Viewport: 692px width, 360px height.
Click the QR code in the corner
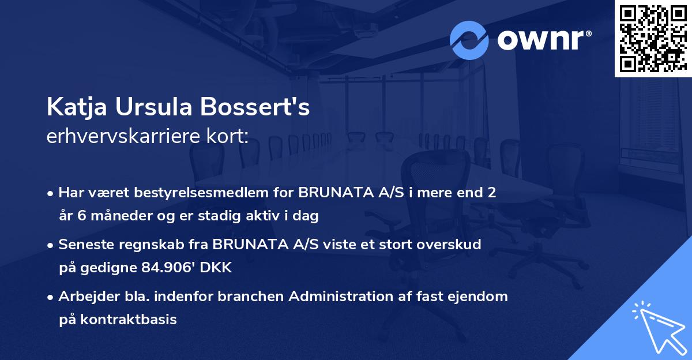[x=653, y=38]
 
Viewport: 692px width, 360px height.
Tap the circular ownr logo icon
[x=469, y=40]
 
